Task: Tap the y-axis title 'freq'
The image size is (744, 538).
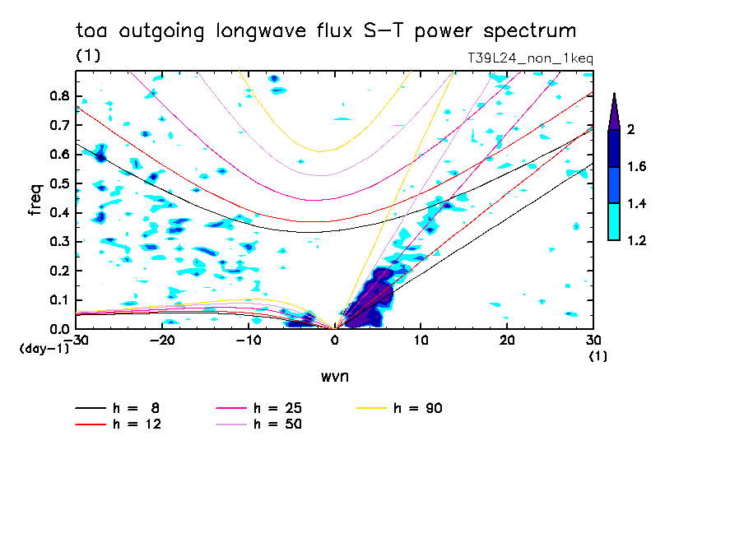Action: (35, 200)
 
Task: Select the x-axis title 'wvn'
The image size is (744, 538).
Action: (334, 376)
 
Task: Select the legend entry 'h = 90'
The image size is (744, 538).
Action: (419, 408)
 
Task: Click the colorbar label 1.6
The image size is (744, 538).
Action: (637, 166)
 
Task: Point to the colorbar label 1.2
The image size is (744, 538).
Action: (637, 240)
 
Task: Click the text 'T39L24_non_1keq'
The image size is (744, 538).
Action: (529, 58)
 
